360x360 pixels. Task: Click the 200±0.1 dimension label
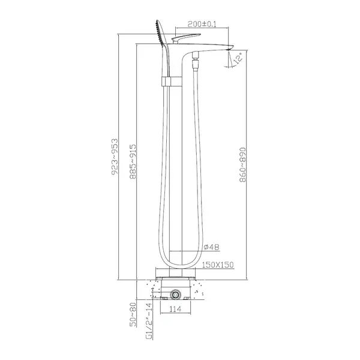point(202,24)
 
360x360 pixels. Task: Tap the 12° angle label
point(238,58)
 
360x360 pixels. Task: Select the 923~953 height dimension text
point(115,157)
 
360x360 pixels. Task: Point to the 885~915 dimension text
point(133,161)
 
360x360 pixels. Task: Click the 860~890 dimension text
point(242,165)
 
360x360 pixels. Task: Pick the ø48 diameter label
point(211,247)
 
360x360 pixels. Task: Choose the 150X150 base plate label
point(218,265)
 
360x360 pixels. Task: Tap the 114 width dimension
point(175,309)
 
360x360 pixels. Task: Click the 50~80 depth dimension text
point(133,314)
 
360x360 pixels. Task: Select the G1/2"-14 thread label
point(149,321)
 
